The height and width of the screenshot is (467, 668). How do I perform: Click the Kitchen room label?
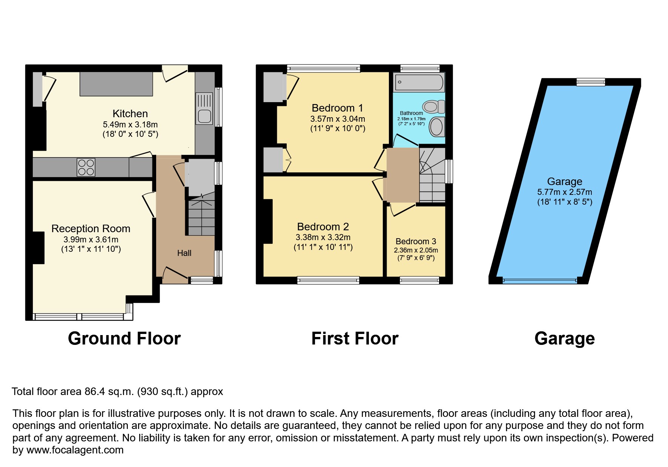click(x=130, y=113)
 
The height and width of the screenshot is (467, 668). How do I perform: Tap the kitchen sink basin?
click(x=204, y=116)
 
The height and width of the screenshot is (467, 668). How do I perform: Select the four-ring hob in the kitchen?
click(x=86, y=167)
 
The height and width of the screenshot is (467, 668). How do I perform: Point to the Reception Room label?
click(x=91, y=228)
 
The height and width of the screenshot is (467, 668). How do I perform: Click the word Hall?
click(x=184, y=253)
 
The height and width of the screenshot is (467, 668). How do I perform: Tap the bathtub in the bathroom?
click(x=419, y=82)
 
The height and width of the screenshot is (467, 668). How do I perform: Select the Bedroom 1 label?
click(x=338, y=108)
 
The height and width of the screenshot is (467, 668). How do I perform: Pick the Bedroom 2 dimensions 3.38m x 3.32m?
click(x=323, y=237)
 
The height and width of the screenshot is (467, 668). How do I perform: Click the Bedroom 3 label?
click(x=416, y=241)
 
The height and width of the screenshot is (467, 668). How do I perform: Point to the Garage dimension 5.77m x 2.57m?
click(x=565, y=192)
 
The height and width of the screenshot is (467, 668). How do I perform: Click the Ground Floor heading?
click(x=124, y=338)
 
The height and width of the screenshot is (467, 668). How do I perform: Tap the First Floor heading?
click(x=355, y=338)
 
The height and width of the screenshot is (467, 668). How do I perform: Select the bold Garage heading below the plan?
click(x=565, y=338)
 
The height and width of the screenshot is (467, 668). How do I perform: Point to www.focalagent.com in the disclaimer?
click(x=75, y=450)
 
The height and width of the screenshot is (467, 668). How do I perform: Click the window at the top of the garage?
click(x=591, y=82)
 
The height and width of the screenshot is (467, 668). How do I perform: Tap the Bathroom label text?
click(x=412, y=113)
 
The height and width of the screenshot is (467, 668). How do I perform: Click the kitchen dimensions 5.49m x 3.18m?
click(x=130, y=124)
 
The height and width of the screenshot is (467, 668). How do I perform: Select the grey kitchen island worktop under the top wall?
click(x=116, y=84)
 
